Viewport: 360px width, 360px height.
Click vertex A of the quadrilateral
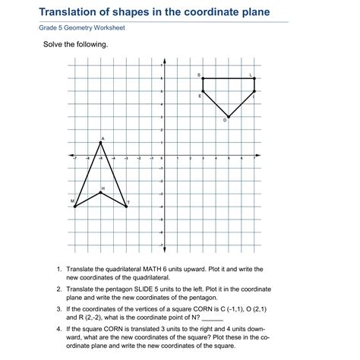coord(101,142)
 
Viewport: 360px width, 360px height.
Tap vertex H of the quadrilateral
coord(101,193)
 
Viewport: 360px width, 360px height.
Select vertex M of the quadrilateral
coord(75,206)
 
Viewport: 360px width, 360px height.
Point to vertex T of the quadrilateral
coord(126,206)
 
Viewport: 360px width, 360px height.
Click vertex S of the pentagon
coord(203,78)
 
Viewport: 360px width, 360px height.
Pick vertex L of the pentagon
coord(254,78)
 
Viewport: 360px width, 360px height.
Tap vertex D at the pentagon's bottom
coord(229,117)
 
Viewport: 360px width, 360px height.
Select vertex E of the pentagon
coord(203,91)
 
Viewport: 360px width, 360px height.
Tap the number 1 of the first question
coord(58,270)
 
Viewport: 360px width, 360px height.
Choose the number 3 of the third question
coord(58,310)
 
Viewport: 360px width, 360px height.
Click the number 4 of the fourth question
coord(58,330)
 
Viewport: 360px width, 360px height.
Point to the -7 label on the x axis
coord(75,159)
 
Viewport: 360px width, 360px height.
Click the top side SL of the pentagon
coord(229,78)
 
